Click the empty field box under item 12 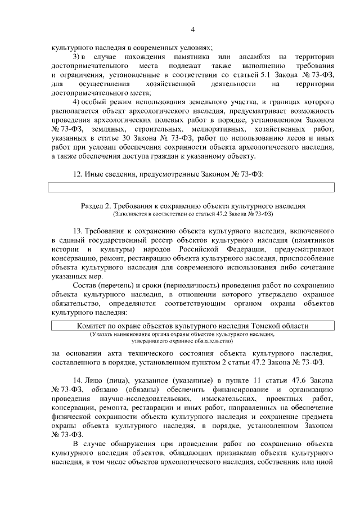click(x=191, y=187)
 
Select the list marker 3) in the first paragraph click(x=79, y=57)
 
